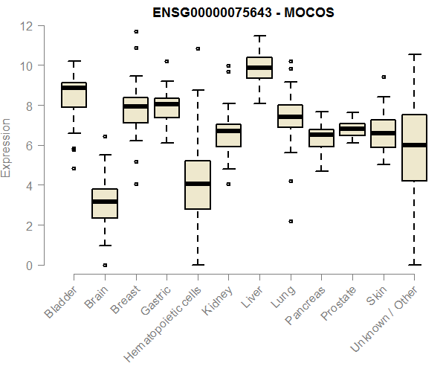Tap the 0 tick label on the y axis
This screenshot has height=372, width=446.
(30, 266)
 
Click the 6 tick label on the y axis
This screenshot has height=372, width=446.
(30, 146)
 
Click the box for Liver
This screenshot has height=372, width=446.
(259, 68)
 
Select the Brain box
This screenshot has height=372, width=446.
(105, 203)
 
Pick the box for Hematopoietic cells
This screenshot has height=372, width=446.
(198, 185)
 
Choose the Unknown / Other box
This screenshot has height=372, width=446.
(414, 147)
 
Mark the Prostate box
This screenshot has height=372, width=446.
(352, 129)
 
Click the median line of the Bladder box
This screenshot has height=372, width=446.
(74, 88)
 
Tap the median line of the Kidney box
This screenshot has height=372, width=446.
(228, 131)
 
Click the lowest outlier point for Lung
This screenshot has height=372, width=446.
(291, 221)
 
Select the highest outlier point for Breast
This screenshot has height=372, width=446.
(135, 31)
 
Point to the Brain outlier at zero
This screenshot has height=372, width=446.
(105, 265)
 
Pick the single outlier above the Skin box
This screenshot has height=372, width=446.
(384, 77)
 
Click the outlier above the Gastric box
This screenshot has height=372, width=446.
(167, 61)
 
